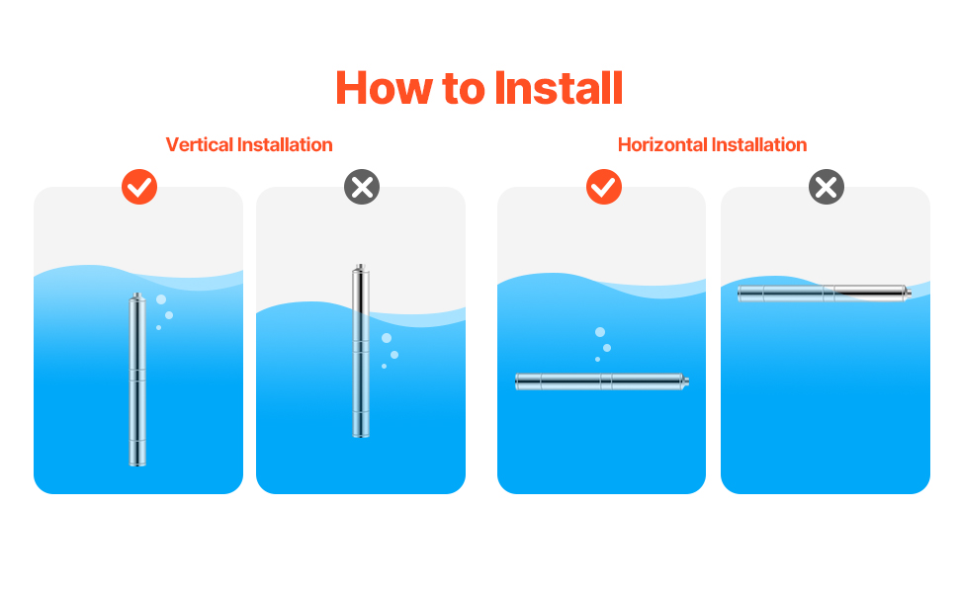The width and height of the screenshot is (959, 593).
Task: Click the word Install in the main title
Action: (x=559, y=88)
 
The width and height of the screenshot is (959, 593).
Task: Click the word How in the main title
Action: (x=384, y=88)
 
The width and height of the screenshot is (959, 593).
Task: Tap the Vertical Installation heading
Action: (x=249, y=145)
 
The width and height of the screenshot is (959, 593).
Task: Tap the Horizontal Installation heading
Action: (x=712, y=145)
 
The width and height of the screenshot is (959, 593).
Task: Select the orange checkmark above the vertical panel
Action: (x=139, y=187)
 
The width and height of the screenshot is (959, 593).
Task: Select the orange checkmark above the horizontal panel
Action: (x=604, y=187)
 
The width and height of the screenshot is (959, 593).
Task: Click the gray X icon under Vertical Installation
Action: (x=362, y=187)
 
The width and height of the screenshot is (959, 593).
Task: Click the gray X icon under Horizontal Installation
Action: (x=827, y=187)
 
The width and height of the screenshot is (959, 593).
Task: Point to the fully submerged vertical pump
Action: (x=137, y=380)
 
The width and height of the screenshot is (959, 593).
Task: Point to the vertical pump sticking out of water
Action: (x=361, y=351)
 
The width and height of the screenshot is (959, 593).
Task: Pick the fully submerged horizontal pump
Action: (x=602, y=381)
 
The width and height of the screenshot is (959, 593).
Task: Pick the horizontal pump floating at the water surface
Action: (x=825, y=294)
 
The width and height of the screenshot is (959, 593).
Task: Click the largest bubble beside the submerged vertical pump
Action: (x=161, y=299)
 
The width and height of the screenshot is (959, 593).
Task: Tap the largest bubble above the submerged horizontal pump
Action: (x=600, y=332)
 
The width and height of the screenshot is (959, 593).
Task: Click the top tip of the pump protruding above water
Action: (x=361, y=265)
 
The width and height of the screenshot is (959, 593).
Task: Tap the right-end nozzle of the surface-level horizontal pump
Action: (x=909, y=294)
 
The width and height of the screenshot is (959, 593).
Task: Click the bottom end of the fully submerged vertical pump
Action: (x=137, y=466)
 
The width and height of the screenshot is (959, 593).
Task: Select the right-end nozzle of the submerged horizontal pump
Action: (x=686, y=381)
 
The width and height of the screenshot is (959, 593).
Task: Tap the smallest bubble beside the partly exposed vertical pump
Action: (x=384, y=367)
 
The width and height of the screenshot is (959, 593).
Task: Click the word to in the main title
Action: (x=464, y=89)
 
